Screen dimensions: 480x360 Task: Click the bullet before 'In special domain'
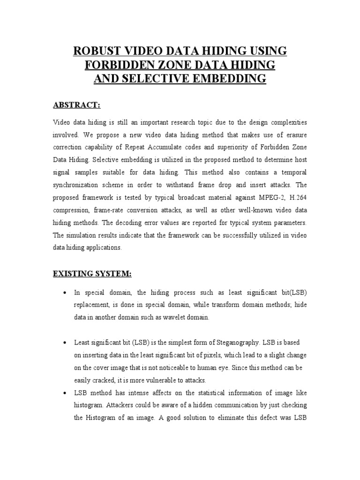64,293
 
